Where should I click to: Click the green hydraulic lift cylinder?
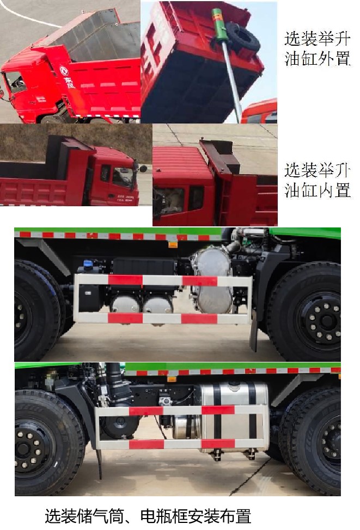coord(219,27)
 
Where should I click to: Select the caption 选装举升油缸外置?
coord(316,49)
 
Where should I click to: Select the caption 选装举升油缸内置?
coord(316,180)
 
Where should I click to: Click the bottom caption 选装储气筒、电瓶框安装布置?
coord(148,516)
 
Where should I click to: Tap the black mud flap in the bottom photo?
coord(99,463)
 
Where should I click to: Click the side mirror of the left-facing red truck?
coord(143,168)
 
